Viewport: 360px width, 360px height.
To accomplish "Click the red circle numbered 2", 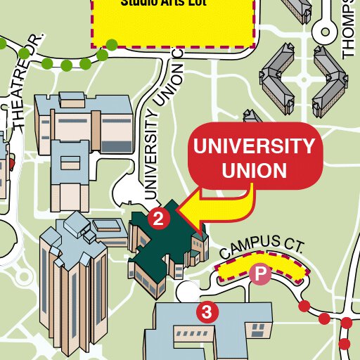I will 159,218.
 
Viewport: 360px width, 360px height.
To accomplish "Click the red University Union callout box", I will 254,157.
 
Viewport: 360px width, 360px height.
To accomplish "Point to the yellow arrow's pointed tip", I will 179,209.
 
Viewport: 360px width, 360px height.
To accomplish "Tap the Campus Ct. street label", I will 261,246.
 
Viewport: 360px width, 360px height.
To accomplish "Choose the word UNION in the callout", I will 254,171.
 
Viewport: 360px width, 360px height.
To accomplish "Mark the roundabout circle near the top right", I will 326,30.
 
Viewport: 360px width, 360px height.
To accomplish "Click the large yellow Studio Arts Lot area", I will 172,25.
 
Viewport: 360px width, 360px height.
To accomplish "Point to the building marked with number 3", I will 211,330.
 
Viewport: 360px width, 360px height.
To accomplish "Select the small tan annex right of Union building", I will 199,245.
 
